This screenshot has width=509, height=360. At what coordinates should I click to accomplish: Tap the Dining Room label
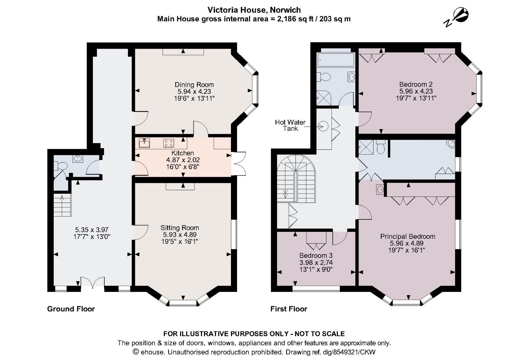(194, 85)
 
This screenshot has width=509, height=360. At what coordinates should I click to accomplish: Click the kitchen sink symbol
(144, 143)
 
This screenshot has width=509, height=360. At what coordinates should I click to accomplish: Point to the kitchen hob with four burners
(168, 143)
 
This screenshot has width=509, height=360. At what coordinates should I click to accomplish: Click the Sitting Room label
(179, 228)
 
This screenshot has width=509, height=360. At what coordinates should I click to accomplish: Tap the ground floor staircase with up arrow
(62, 205)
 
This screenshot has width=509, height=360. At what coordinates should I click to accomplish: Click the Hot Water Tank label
(290, 125)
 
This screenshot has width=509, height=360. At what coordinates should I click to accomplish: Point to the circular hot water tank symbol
(323, 127)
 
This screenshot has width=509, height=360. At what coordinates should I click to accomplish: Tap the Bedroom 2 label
(415, 84)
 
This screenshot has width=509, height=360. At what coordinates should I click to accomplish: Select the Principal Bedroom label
(408, 236)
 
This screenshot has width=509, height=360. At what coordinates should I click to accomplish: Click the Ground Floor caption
(71, 309)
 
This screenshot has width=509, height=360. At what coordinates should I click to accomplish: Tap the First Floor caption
(289, 309)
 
